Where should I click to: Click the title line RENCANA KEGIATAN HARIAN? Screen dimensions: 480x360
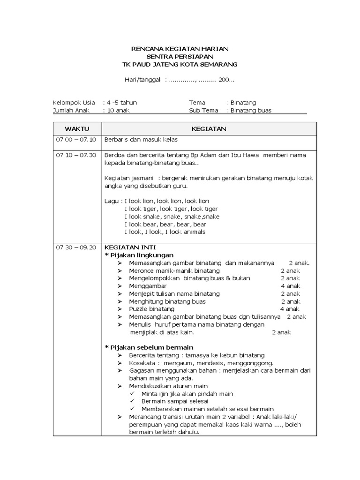click(180, 49)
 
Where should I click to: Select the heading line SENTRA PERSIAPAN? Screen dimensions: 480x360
click(180, 56)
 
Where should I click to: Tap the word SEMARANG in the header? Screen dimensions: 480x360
click(219, 64)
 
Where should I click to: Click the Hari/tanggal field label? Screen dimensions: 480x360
click(143, 80)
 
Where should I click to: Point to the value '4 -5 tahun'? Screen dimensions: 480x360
click(122, 103)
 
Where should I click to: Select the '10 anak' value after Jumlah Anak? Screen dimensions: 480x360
click(118, 111)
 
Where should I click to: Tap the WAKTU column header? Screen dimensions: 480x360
click(77, 128)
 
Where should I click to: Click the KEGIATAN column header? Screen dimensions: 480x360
click(209, 128)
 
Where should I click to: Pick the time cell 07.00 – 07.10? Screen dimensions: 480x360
click(76, 140)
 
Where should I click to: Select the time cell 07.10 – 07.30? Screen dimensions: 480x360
click(76, 155)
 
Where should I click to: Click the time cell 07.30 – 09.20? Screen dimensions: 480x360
click(76, 247)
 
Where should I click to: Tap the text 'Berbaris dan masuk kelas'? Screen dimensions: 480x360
click(141, 140)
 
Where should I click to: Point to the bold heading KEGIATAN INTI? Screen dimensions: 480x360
click(130, 247)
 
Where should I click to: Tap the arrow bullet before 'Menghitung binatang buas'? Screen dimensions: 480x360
click(120, 301)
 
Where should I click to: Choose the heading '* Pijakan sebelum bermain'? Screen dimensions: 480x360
click(149, 347)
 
